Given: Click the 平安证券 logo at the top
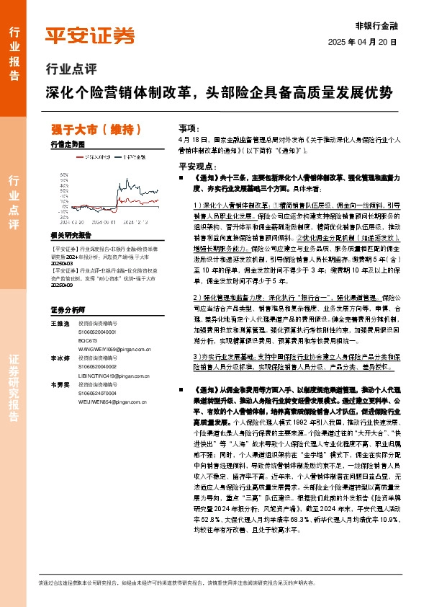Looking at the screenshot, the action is coord(90,35).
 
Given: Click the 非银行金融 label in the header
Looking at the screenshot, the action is coord(377,25).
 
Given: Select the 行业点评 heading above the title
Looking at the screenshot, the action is coord(71,71).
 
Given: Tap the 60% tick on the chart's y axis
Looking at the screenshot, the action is coord(65,174).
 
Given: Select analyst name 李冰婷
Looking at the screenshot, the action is coord(59,358).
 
